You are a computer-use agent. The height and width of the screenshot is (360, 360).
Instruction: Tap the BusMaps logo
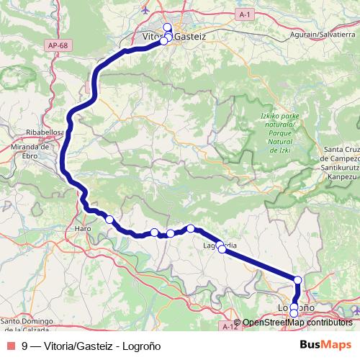tap(325, 346)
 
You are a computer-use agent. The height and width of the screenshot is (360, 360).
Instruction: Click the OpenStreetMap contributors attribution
tap(297, 323)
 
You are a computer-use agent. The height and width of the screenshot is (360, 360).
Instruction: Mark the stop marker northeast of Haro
tap(109, 220)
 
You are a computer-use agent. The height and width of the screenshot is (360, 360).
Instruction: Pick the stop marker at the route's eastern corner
tap(298, 280)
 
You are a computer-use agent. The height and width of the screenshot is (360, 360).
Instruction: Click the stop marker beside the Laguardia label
tap(222, 251)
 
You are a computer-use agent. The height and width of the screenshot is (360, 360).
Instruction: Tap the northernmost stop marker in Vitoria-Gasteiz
tap(167, 27)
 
